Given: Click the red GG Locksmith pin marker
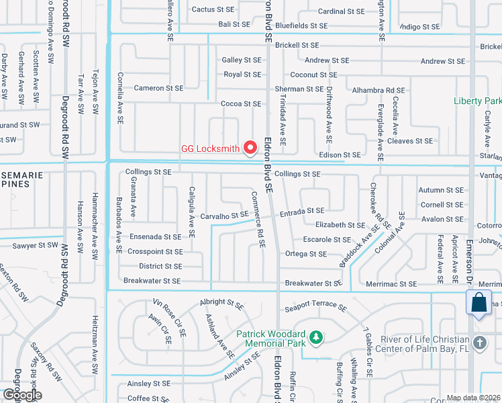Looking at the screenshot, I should pyautogui.click(x=250, y=147).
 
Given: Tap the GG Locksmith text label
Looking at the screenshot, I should pyautogui.click(x=210, y=148).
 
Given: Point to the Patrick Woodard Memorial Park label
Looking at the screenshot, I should pyautogui.click(x=270, y=338).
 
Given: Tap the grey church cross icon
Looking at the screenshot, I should pyautogui.click(x=479, y=343).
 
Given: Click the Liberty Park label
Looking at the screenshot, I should pyautogui.click(x=477, y=101).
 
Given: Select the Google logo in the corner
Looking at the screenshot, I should pyautogui.click(x=21, y=395).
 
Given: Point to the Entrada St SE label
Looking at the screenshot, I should pyautogui.click(x=302, y=211).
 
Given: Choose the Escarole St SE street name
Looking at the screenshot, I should pyautogui.click(x=328, y=240).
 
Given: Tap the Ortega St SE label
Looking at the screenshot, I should pyautogui.click(x=305, y=254).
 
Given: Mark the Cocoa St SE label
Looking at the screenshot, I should pyautogui.click(x=241, y=103).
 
